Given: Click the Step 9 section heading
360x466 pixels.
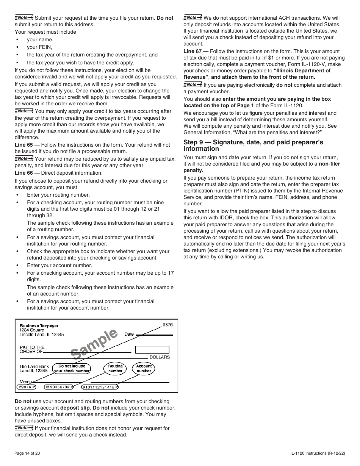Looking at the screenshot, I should [253, 145].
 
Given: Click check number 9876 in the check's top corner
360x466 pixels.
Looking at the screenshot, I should [167, 325].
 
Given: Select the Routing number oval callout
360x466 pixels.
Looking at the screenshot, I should [115, 368].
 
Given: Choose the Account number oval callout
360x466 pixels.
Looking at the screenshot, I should [144, 368].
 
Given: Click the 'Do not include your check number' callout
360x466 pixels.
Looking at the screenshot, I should [72, 369].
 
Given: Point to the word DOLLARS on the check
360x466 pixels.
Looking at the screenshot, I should [160, 357].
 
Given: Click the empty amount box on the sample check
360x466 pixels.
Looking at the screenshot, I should [152, 349].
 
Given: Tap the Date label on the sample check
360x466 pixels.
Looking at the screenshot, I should [129, 334].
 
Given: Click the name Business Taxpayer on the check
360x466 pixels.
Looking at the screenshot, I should [39, 325].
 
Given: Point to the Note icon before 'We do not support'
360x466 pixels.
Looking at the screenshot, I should [193, 17].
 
